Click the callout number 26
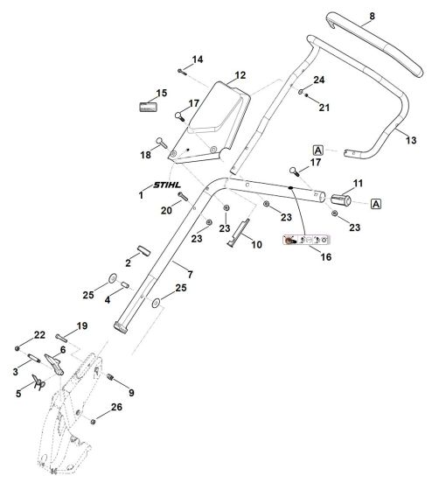click(x=116, y=408)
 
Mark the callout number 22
click(x=38, y=335)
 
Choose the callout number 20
click(x=166, y=210)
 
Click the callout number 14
click(x=197, y=59)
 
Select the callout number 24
click(x=320, y=80)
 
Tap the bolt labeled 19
click(x=66, y=336)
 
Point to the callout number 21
click(x=324, y=108)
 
